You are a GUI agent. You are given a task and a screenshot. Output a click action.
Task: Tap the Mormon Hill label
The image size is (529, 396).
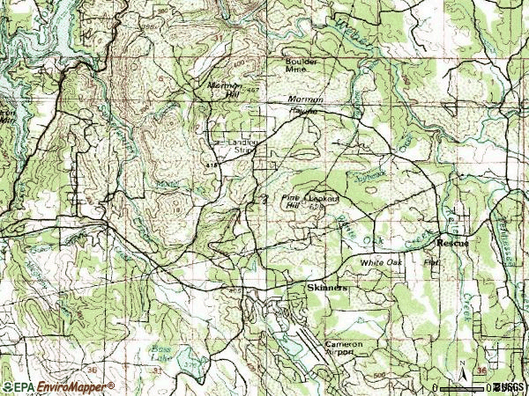click(223, 89)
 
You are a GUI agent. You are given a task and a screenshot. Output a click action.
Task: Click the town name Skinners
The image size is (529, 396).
click(326, 288)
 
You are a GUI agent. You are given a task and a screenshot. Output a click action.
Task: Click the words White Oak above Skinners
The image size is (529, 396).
click(380, 263)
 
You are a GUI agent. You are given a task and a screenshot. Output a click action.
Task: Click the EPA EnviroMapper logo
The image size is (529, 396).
click(58, 386)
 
